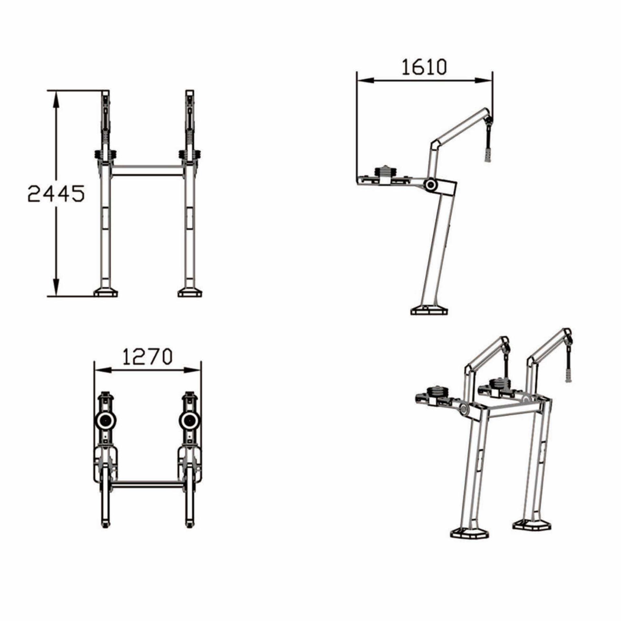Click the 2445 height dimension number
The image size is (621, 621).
pyautogui.click(x=56, y=193)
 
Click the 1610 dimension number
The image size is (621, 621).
pyautogui.click(x=424, y=67)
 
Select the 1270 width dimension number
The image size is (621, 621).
pyautogui.click(x=147, y=357)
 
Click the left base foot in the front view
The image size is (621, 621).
pyautogui.click(x=105, y=292)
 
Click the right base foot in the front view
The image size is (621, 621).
pyautogui.click(x=190, y=292)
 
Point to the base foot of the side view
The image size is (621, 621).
pyautogui.click(x=429, y=311)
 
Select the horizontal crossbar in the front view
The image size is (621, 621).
pyautogui.click(x=147, y=170)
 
